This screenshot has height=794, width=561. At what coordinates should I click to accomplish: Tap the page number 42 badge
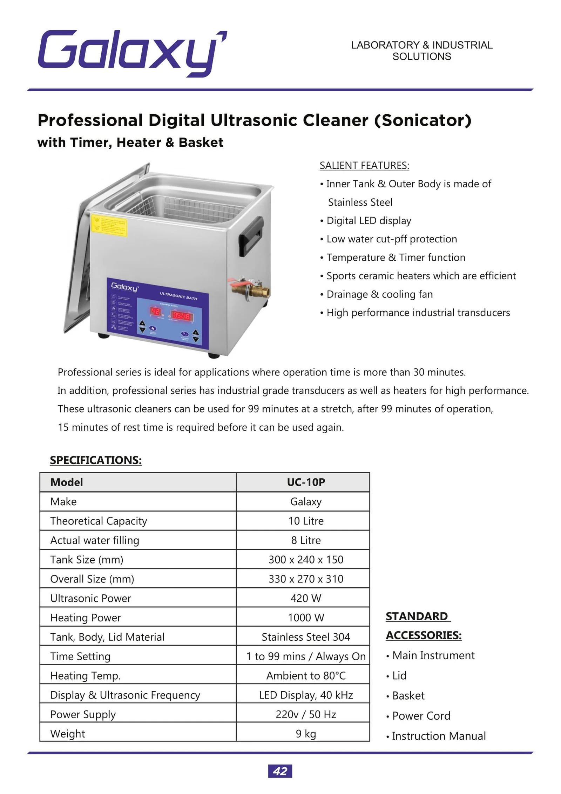click(x=280, y=771)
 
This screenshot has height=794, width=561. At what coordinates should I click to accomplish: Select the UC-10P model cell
click(x=306, y=482)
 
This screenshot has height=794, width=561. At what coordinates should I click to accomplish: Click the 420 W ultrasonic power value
click(x=306, y=598)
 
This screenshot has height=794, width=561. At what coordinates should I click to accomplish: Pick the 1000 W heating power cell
click(x=306, y=617)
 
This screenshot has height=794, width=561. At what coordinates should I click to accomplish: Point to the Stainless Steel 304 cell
click(x=306, y=636)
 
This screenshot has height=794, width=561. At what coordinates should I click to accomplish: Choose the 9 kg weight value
click(x=306, y=733)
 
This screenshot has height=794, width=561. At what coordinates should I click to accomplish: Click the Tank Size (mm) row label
click(x=87, y=559)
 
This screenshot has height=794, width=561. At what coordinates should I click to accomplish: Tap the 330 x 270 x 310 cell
click(x=306, y=579)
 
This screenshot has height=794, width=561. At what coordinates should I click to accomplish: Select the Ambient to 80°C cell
click(x=306, y=675)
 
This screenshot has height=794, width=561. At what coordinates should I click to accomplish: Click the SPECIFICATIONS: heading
click(x=96, y=460)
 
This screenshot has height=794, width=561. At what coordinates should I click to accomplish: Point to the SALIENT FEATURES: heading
click(x=364, y=165)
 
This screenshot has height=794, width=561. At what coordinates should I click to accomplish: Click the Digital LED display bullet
click(x=369, y=220)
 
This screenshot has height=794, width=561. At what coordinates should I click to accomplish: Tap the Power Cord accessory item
click(x=421, y=715)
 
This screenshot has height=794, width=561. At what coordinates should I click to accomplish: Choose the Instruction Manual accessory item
click(x=439, y=735)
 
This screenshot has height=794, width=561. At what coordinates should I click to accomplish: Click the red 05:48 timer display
click(x=182, y=315)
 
